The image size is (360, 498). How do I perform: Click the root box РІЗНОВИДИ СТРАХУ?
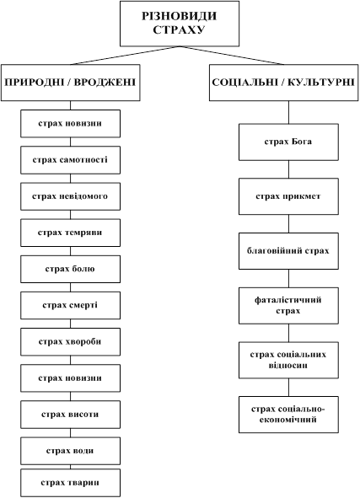pyautogui.click(x=180, y=24)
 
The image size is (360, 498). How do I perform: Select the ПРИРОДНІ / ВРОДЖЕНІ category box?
pyautogui.click(x=71, y=83)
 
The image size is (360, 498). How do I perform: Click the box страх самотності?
pyautogui.click(x=71, y=160)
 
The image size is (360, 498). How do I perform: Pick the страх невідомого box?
pyautogui.click(x=71, y=196)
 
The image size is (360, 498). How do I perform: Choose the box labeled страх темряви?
pyautogui.click(x=71, y=233)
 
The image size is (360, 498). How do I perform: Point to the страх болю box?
pyautogui.click(x=71, y=269)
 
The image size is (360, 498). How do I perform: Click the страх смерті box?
pyautogui.click(x=71, y=306)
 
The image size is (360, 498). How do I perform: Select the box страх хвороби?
pyautogui.click(x=71, y=342)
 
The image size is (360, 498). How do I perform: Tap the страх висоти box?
pyautogui.click(x=71, y=415)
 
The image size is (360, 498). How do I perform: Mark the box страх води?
pyautogui.click(x=71, y=451)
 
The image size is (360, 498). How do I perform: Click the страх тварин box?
pyautogui.click(x=71, y=483)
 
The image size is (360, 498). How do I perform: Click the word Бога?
pyautogui.click(x=301, y=142)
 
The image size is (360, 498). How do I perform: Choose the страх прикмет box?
pyautogui.click(x=288, y=196)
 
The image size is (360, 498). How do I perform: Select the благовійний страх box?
pyautogui.click(x=288, y=251)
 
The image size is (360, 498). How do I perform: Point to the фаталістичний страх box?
pyautogui.click(x=288, y=306)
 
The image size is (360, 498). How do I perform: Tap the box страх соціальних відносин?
pyautogui.click(x=288, y=360)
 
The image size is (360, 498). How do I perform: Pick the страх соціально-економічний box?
pyautogui.click(x=288, y=415)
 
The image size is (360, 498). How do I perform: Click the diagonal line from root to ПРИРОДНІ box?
pyautogui.click(x=125, y=56)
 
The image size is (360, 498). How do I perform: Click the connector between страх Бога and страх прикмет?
pyautogui.click(x=288, y=169)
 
